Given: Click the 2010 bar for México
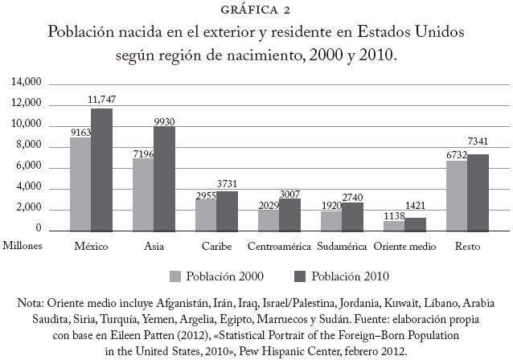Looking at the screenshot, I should (102, 170).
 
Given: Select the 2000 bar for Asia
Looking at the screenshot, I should (142, 194).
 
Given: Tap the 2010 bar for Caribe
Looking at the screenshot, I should (227, 211).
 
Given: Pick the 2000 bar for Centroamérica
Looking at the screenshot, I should (269, 219).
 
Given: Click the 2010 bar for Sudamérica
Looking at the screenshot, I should (352, 216).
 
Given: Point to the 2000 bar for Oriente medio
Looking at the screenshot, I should (393, 224).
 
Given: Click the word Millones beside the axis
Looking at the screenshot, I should (23, 244).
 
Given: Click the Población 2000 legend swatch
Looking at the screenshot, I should (174, 276).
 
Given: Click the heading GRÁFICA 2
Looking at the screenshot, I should (256, 10).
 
